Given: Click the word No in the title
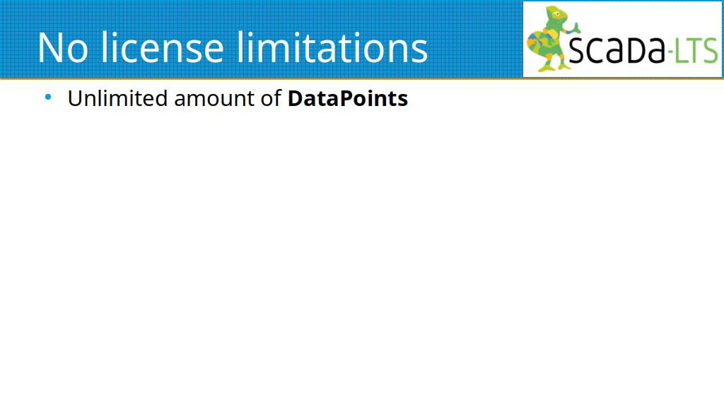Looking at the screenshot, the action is [x=63, y=47].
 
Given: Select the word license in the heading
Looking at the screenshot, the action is [x=163, y=47].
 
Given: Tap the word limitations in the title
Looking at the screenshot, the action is [x=332, y=47].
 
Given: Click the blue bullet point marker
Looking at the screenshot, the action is [x=48, y=97].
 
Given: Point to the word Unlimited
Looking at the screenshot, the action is [x=118, y=98].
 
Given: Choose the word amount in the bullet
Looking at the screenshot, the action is [x=214, y=100].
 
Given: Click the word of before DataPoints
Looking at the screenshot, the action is [x=271, y=98].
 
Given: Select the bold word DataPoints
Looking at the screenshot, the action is [x=348, y=98].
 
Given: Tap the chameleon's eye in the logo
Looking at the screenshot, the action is [x=558, y=14].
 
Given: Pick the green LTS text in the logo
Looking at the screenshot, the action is [x=696, y=50].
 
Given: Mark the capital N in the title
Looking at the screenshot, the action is [x=50, y=47].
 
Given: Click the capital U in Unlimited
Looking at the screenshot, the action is [x=75, y=99].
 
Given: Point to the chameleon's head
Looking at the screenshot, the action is [x=557, y=16].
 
